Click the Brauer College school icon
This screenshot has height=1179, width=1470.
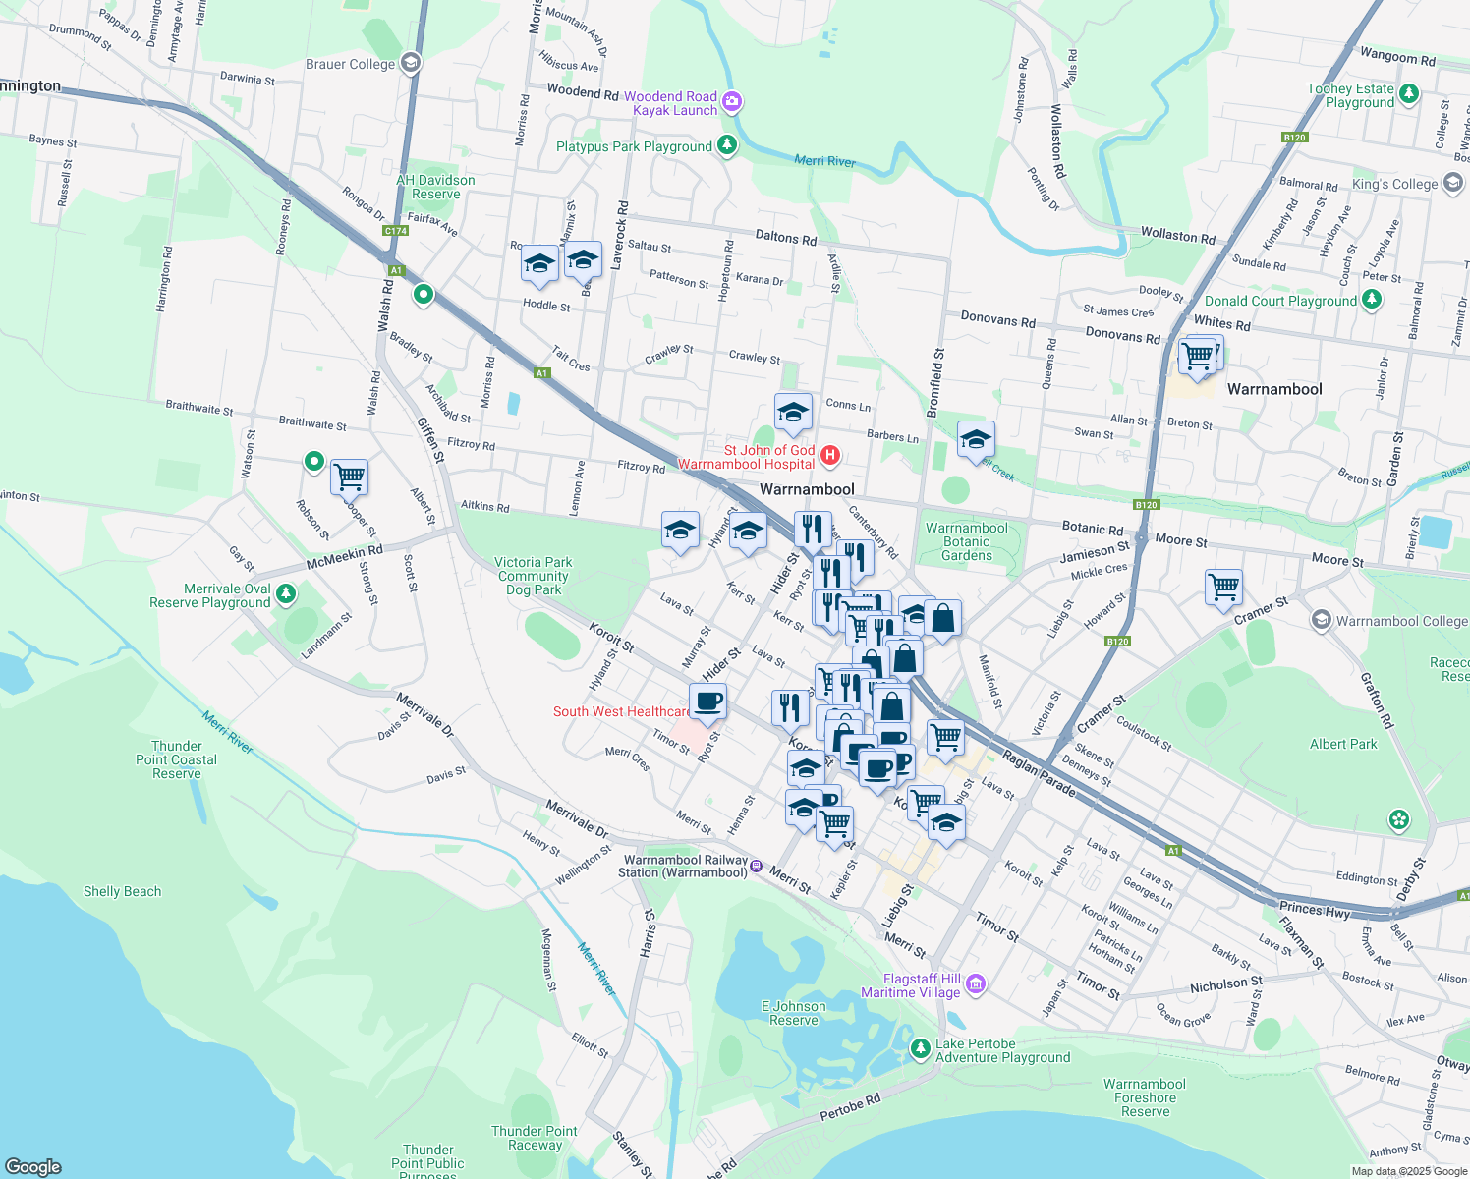(x=411, y=64)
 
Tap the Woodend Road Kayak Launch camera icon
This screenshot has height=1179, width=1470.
(x=732, y=102)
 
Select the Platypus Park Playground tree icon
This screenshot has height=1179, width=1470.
(x=727, y=146)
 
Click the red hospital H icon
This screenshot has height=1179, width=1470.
(x=830, y=454)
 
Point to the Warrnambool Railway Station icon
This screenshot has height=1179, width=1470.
(x=756, y=866)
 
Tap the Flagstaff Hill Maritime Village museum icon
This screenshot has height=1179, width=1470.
(x=976, y=984)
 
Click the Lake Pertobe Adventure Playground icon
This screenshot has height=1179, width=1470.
(x=920, y=1049)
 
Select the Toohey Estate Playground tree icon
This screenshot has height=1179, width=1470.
(x=1409, y=94)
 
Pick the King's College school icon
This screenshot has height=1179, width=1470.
(x=1453, y=184)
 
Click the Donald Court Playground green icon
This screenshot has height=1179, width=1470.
(x=1373, y=301)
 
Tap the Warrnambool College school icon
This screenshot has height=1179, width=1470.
(x=1322, y=620)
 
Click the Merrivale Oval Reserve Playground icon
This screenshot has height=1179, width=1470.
(x=286, y=594)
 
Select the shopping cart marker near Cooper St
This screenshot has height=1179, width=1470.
(x=349, y=477)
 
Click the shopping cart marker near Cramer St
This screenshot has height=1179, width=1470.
(x=1223, y=588)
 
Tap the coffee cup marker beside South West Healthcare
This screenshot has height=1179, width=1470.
(x=707, y=702)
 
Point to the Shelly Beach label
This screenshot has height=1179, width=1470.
(x=122, y=891)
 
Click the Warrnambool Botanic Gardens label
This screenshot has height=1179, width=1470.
(x=967, y=541)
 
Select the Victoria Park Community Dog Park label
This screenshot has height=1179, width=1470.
(x=534, y=576)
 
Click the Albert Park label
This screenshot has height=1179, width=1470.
(x=1343, y=744)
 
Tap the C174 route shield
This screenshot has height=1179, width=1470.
(x=395, y=231)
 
